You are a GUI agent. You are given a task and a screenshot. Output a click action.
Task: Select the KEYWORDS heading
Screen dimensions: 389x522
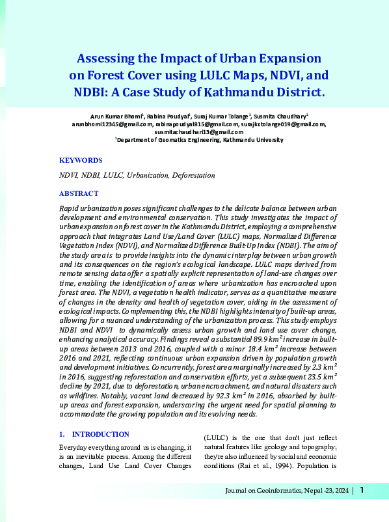click(x=81, y=160)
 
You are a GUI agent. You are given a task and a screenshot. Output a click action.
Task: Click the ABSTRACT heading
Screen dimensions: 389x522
click(x=79, y=193)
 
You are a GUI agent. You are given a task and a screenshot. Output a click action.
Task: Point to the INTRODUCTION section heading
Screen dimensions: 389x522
click(x=100, y=434)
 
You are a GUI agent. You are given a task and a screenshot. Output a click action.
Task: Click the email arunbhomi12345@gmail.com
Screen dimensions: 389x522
click(x=112, y=124)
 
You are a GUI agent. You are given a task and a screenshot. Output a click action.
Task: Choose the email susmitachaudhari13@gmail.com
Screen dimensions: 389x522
click(x=204, y=131)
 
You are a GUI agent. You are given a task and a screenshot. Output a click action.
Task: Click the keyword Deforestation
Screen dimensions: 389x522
click(x=194, y=176)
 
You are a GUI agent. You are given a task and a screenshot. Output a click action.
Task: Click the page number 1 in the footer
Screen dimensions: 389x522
click(x=362, y=491)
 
